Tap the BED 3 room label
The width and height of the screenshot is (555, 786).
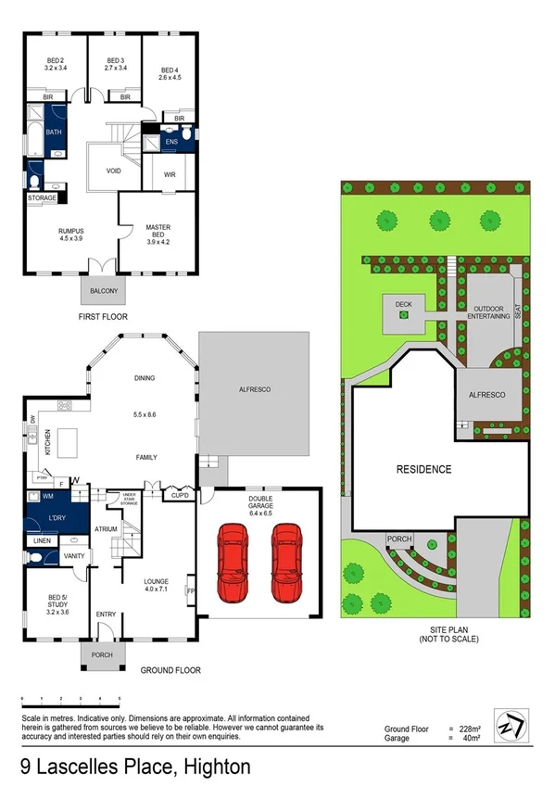pyautogui.click(x=116, y=63)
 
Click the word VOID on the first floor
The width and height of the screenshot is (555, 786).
pyautogui.click(x=114, y=171)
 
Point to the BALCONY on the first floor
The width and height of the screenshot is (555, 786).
pyautogui.click(x=104, y=291)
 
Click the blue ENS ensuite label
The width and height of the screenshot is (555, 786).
pyautogui.click(x=171, y=142)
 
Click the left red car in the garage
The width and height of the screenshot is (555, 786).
pyautogui.click(x=233, y=562)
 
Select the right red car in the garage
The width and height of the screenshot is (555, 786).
pyautogui.click(x=285, y=562)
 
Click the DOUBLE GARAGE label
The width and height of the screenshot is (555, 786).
pyautogui.click(x=259, y=502)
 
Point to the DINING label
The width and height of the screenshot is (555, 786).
pyautogui.click(x=144, y=378)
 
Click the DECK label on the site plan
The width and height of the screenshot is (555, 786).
pyautogui.click(x=402, y=302)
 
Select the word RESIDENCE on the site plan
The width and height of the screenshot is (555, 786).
pyautogui.click(x=424, y=469)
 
